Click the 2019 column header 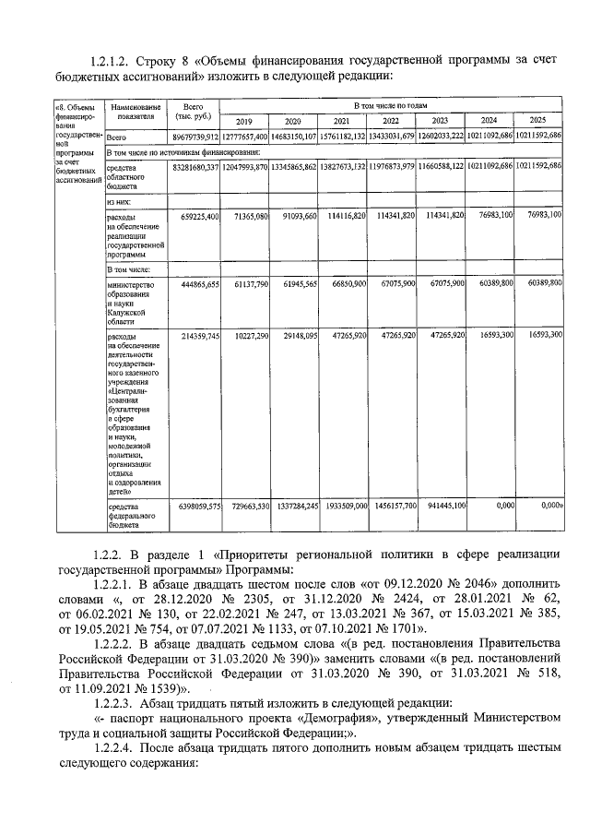[244, 122]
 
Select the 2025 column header [538, 122]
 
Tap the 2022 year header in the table [391, 122]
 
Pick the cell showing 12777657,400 [244, 136]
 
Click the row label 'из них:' [119, 200]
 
